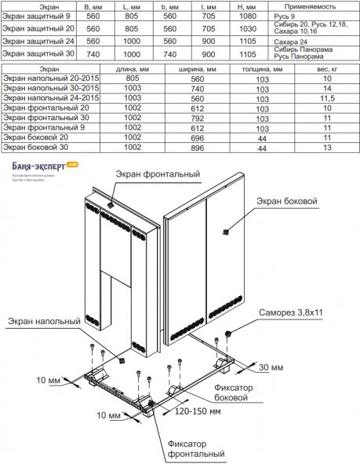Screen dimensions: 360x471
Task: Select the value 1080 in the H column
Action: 248,16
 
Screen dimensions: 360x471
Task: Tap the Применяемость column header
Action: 310,6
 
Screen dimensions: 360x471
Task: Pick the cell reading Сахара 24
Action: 290,42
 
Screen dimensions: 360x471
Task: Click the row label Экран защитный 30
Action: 38,53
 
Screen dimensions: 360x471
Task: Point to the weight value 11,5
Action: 327,99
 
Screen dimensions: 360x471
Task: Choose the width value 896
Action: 198,148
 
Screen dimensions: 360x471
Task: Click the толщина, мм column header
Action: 262,69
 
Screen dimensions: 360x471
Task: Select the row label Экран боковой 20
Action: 36,137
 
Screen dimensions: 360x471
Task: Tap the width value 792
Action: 198,119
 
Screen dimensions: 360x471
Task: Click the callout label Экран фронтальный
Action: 158,174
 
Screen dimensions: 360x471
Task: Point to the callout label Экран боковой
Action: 287,201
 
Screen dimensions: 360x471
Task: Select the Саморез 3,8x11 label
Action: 291,312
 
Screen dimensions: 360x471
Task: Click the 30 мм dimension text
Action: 271,367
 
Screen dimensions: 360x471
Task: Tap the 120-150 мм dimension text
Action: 198,411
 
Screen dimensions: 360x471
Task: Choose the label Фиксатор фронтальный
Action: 196,449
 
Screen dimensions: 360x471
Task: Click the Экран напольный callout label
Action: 44,321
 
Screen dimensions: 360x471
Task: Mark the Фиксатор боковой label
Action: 234,392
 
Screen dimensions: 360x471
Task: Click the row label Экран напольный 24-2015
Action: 51,98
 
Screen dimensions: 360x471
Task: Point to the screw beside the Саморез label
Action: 227,334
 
